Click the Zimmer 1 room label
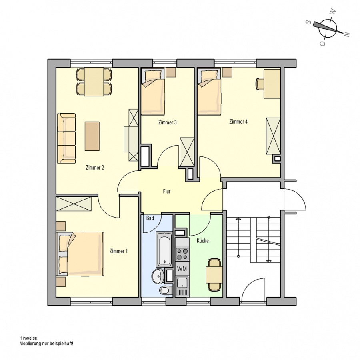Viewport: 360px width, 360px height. tap(118, 251)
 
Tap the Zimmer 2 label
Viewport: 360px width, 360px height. tap(95, 168)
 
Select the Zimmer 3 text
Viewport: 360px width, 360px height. tap(167, 122)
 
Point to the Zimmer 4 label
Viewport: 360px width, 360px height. tap(238, 122)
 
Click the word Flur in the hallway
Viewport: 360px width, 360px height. tap(167, 191)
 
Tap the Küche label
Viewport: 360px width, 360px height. tap(203, 241)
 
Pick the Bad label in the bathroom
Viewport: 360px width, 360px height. tap(150, 218)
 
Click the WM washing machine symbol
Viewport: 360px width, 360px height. tap(182, 268)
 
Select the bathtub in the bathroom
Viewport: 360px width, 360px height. tap(164, 249)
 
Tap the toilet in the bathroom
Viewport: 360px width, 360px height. tap(166, 290)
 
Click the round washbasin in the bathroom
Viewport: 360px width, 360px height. tap(158, 276)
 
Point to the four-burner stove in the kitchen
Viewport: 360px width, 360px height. tap(182, 254)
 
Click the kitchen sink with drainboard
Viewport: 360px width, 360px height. tap(182, 286)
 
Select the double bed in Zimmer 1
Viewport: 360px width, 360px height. tap(80, 254)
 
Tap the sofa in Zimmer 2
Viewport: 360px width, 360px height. tap(66, 138)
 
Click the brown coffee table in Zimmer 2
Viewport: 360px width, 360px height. tap(92, 136)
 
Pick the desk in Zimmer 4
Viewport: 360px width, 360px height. tap(272, 84)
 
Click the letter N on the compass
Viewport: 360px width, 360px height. tap(347, 34)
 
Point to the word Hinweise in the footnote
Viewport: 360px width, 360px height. tap(29, 338)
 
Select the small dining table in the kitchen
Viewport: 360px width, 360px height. tap(214, 274)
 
